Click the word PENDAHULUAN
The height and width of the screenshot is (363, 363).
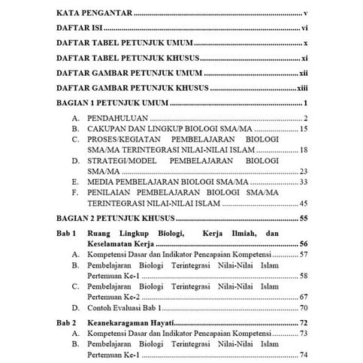pos(116,119)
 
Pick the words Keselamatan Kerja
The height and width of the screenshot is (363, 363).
pos(127,244)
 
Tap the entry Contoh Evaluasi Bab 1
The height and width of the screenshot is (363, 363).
pos(131,307)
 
